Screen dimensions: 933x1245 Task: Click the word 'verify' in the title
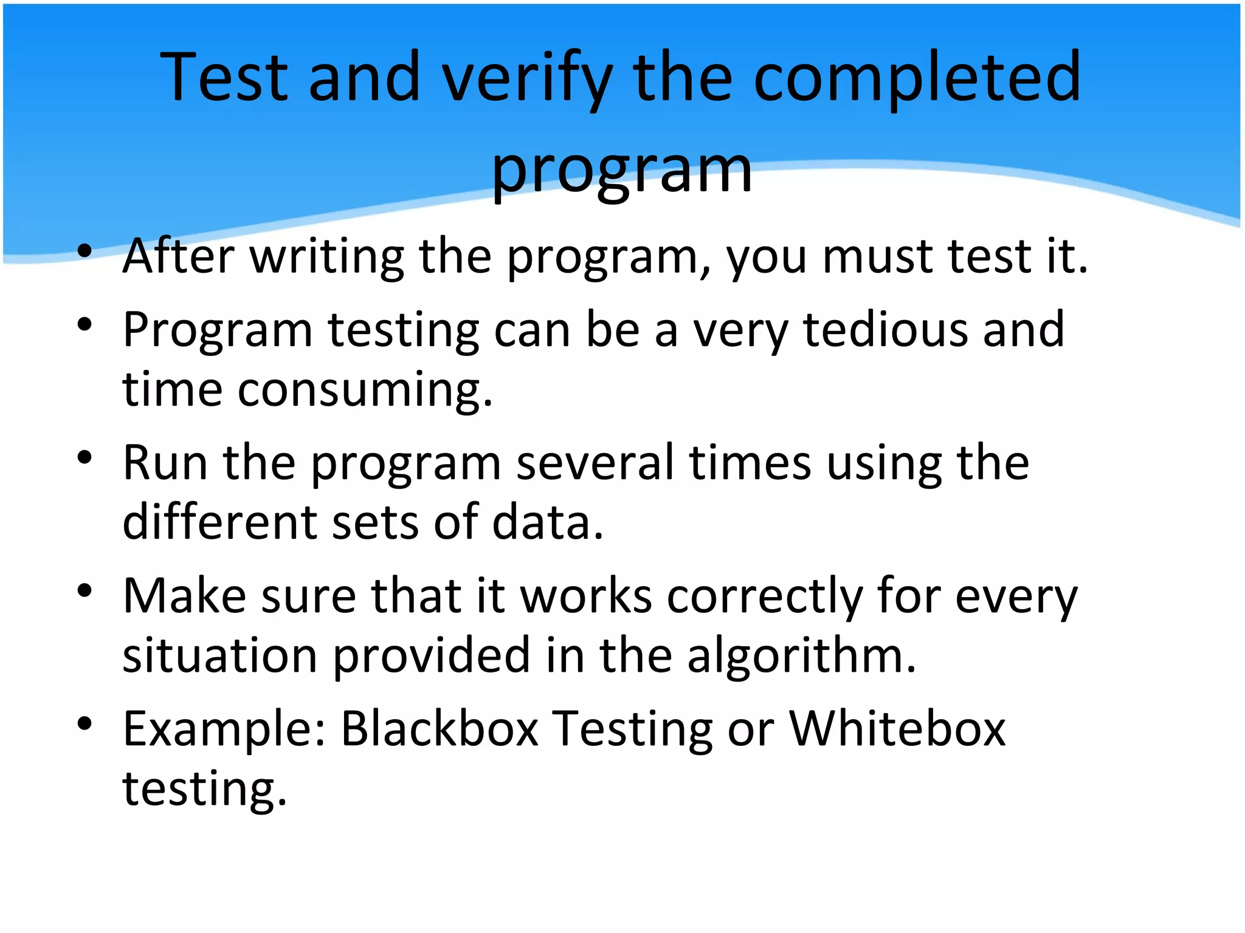click(526, 79)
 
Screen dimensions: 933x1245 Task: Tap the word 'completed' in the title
click(917, 79)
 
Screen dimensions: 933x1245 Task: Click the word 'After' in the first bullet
click(178, 256)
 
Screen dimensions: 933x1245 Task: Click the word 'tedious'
click(885, 330)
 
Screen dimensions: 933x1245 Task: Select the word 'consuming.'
click(365, 390)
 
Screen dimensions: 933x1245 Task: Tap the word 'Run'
click(165, 463)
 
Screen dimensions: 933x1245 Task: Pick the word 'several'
click(595, 463)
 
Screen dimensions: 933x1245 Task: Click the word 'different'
click(219, 522)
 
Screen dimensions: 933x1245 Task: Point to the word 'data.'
click(548, 522)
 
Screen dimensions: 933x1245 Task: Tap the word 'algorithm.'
click(801, 656)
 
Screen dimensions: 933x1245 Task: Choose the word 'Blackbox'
click(440, 729)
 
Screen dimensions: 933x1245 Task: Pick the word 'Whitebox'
click(897, 729)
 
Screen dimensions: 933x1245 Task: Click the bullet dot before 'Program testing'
click(84, 324)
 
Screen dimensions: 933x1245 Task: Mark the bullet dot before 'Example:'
click(84, 723)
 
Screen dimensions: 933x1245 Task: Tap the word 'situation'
click(219, 656)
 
